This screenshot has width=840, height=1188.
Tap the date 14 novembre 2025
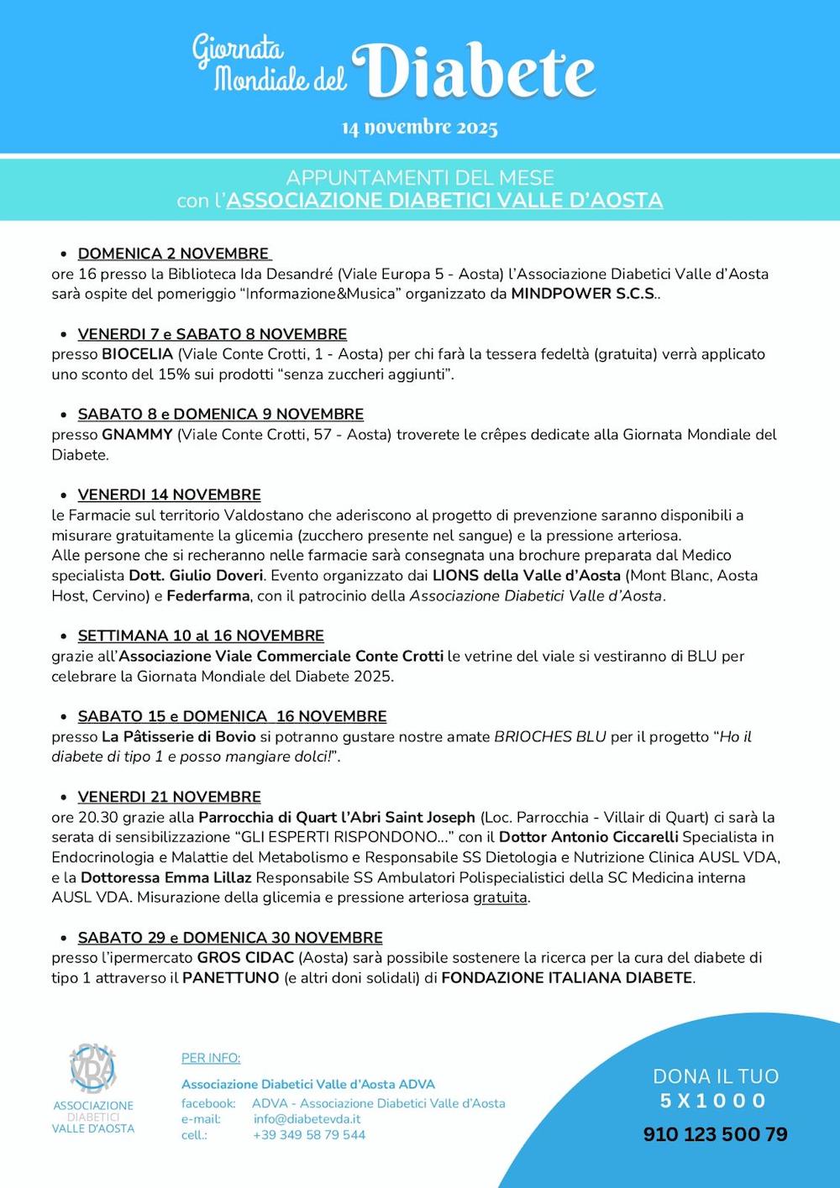419,128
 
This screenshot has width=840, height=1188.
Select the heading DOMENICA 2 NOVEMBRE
174,254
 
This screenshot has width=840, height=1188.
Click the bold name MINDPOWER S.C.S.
584,294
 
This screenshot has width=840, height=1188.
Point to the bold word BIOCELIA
137,354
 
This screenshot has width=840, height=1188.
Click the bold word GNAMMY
137,435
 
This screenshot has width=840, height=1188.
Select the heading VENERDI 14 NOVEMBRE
169,495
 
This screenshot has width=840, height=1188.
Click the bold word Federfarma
208,596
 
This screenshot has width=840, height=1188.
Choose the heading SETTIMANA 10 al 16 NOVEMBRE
201,636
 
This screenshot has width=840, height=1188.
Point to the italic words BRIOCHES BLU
550,737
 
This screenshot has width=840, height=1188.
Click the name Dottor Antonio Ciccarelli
588,837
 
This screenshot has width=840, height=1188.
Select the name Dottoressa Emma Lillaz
166,877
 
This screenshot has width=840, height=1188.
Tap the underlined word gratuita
500,898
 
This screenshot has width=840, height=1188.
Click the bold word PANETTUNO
231,978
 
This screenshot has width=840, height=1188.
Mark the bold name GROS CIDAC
245,958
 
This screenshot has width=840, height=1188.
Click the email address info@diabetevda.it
307,1119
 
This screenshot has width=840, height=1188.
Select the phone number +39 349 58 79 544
309,1135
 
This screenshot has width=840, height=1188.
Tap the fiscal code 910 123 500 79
715,1134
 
